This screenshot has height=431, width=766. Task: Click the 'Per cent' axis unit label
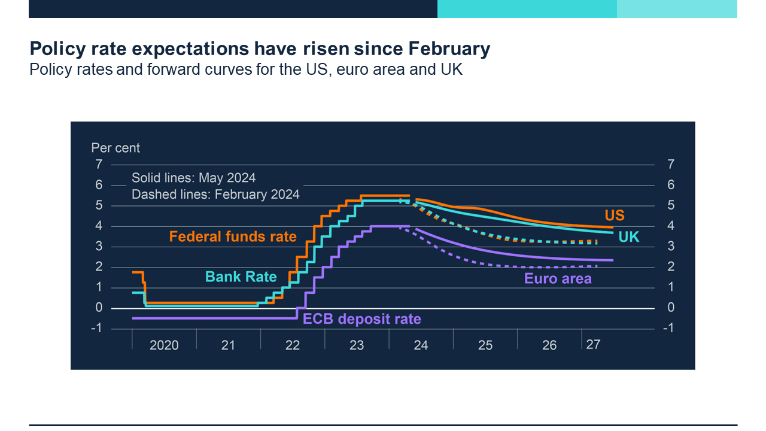tap(115, 148)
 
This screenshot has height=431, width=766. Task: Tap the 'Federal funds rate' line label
tap(233, 236)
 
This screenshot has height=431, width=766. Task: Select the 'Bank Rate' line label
tap(241, 277)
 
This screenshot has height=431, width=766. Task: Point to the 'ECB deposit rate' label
tap(362, 319)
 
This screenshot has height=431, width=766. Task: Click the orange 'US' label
tap(614, 215)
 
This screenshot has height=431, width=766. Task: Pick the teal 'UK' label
tap(628, 237)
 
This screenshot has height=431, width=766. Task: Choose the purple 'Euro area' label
tap(558, 278)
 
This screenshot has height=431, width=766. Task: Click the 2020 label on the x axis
tap(164, 345)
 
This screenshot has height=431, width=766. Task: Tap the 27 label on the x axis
tap(593, 345)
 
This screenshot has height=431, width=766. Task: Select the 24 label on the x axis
tap(421, 345)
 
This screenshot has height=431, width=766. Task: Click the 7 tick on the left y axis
tap(99, 165)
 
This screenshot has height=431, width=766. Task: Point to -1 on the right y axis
tap(669, 328)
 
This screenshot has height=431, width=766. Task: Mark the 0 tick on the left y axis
tap(99, 308)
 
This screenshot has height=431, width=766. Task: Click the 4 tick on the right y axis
tap(671, 226)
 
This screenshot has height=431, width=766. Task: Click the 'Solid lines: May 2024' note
tap(193, 178)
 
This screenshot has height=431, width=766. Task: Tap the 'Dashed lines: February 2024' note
tap(215, 195)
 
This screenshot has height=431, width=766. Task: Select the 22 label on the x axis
tap(293, 345)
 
